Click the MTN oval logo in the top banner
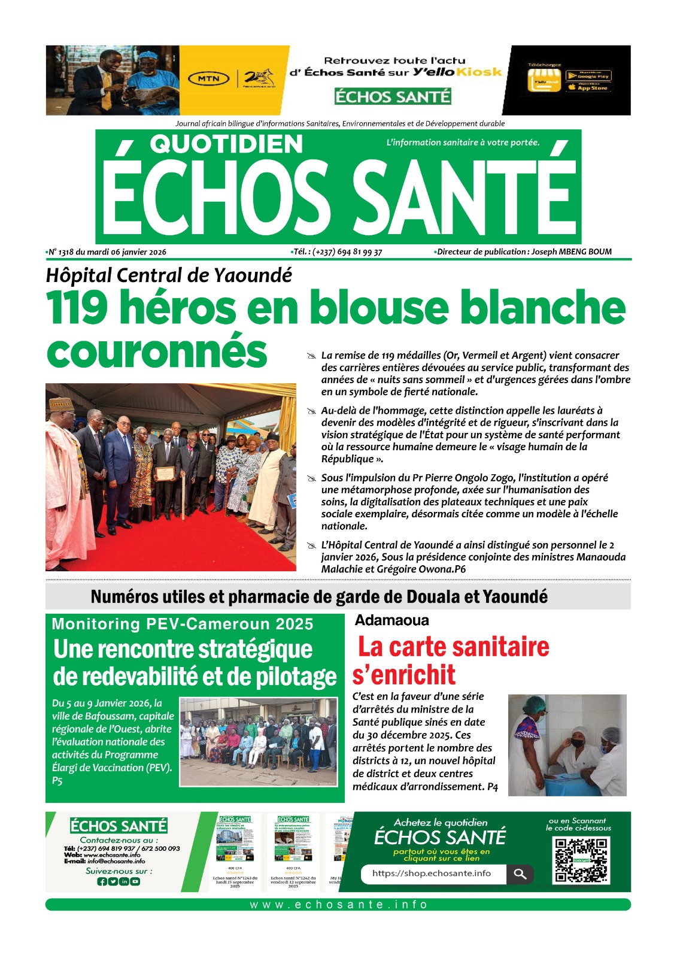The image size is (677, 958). (208, 78)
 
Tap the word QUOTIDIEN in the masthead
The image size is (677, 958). (226, 144)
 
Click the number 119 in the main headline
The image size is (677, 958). (77, 307)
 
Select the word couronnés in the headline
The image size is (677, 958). (157, 351)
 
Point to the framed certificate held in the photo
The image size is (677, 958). (165, 473)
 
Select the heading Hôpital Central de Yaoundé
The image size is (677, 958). (169, 275)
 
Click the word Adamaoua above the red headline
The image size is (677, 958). (392, 620)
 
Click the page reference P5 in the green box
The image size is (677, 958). (57, 781)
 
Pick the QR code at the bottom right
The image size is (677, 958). (581, 860)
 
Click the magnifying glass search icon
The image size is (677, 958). (520, 874)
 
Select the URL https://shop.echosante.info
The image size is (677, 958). (432, 874)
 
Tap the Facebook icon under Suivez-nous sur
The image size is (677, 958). (102, 882)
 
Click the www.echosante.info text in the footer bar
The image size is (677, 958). (338, 905)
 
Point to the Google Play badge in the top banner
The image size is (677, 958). (588, 76)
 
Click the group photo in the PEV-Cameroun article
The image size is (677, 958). (259, 741)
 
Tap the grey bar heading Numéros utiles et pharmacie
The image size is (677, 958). (319, 597)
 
